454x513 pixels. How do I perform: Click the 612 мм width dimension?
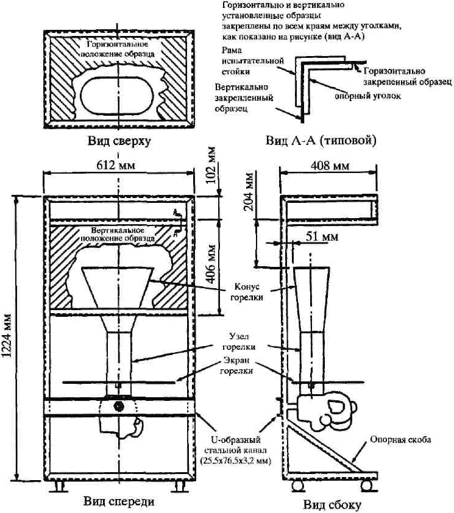point(116,165)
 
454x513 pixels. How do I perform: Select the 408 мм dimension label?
point(329,165)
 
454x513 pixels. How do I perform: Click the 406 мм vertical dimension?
point(211,264)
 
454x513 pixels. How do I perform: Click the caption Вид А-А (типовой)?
point(321,141)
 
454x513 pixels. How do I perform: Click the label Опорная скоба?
point(400,439)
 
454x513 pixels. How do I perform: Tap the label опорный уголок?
point(367,96)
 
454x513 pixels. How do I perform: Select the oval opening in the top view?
point(117,96)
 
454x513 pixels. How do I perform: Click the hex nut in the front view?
point(117,406)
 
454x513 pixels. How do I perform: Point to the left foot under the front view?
point(60,487)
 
